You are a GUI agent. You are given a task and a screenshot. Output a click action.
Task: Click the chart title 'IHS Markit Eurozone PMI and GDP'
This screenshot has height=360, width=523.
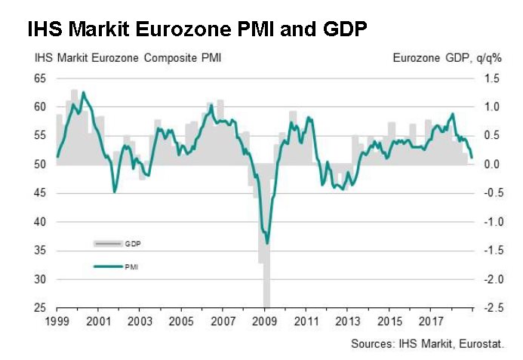197,30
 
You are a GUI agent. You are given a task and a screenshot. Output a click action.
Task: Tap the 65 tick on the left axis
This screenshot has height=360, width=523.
41,78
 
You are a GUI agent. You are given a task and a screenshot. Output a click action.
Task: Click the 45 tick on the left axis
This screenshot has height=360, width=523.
41,193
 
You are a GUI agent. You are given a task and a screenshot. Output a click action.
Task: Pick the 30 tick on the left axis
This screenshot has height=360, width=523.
41,279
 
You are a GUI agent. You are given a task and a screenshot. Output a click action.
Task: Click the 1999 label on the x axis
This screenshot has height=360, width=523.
56,320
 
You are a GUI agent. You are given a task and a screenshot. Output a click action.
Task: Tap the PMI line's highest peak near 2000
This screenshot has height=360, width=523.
82,92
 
